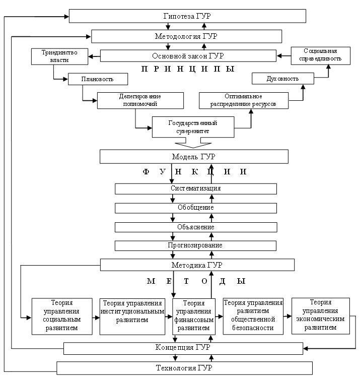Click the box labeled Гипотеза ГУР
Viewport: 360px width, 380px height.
(187, 16)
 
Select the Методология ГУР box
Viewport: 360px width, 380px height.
(186, 36)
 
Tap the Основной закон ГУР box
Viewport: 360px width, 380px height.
(188, 55)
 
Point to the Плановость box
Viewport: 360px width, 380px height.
(98, 79)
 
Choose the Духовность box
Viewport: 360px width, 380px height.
(282, 79)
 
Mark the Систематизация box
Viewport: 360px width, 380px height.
(196, 188)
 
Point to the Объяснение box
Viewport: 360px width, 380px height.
(196, 227)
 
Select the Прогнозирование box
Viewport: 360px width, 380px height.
(196, 245)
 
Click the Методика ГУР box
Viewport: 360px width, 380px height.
(197, 265)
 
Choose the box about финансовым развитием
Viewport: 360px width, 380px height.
(193, 316)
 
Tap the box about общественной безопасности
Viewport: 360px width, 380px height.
(253, 316)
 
